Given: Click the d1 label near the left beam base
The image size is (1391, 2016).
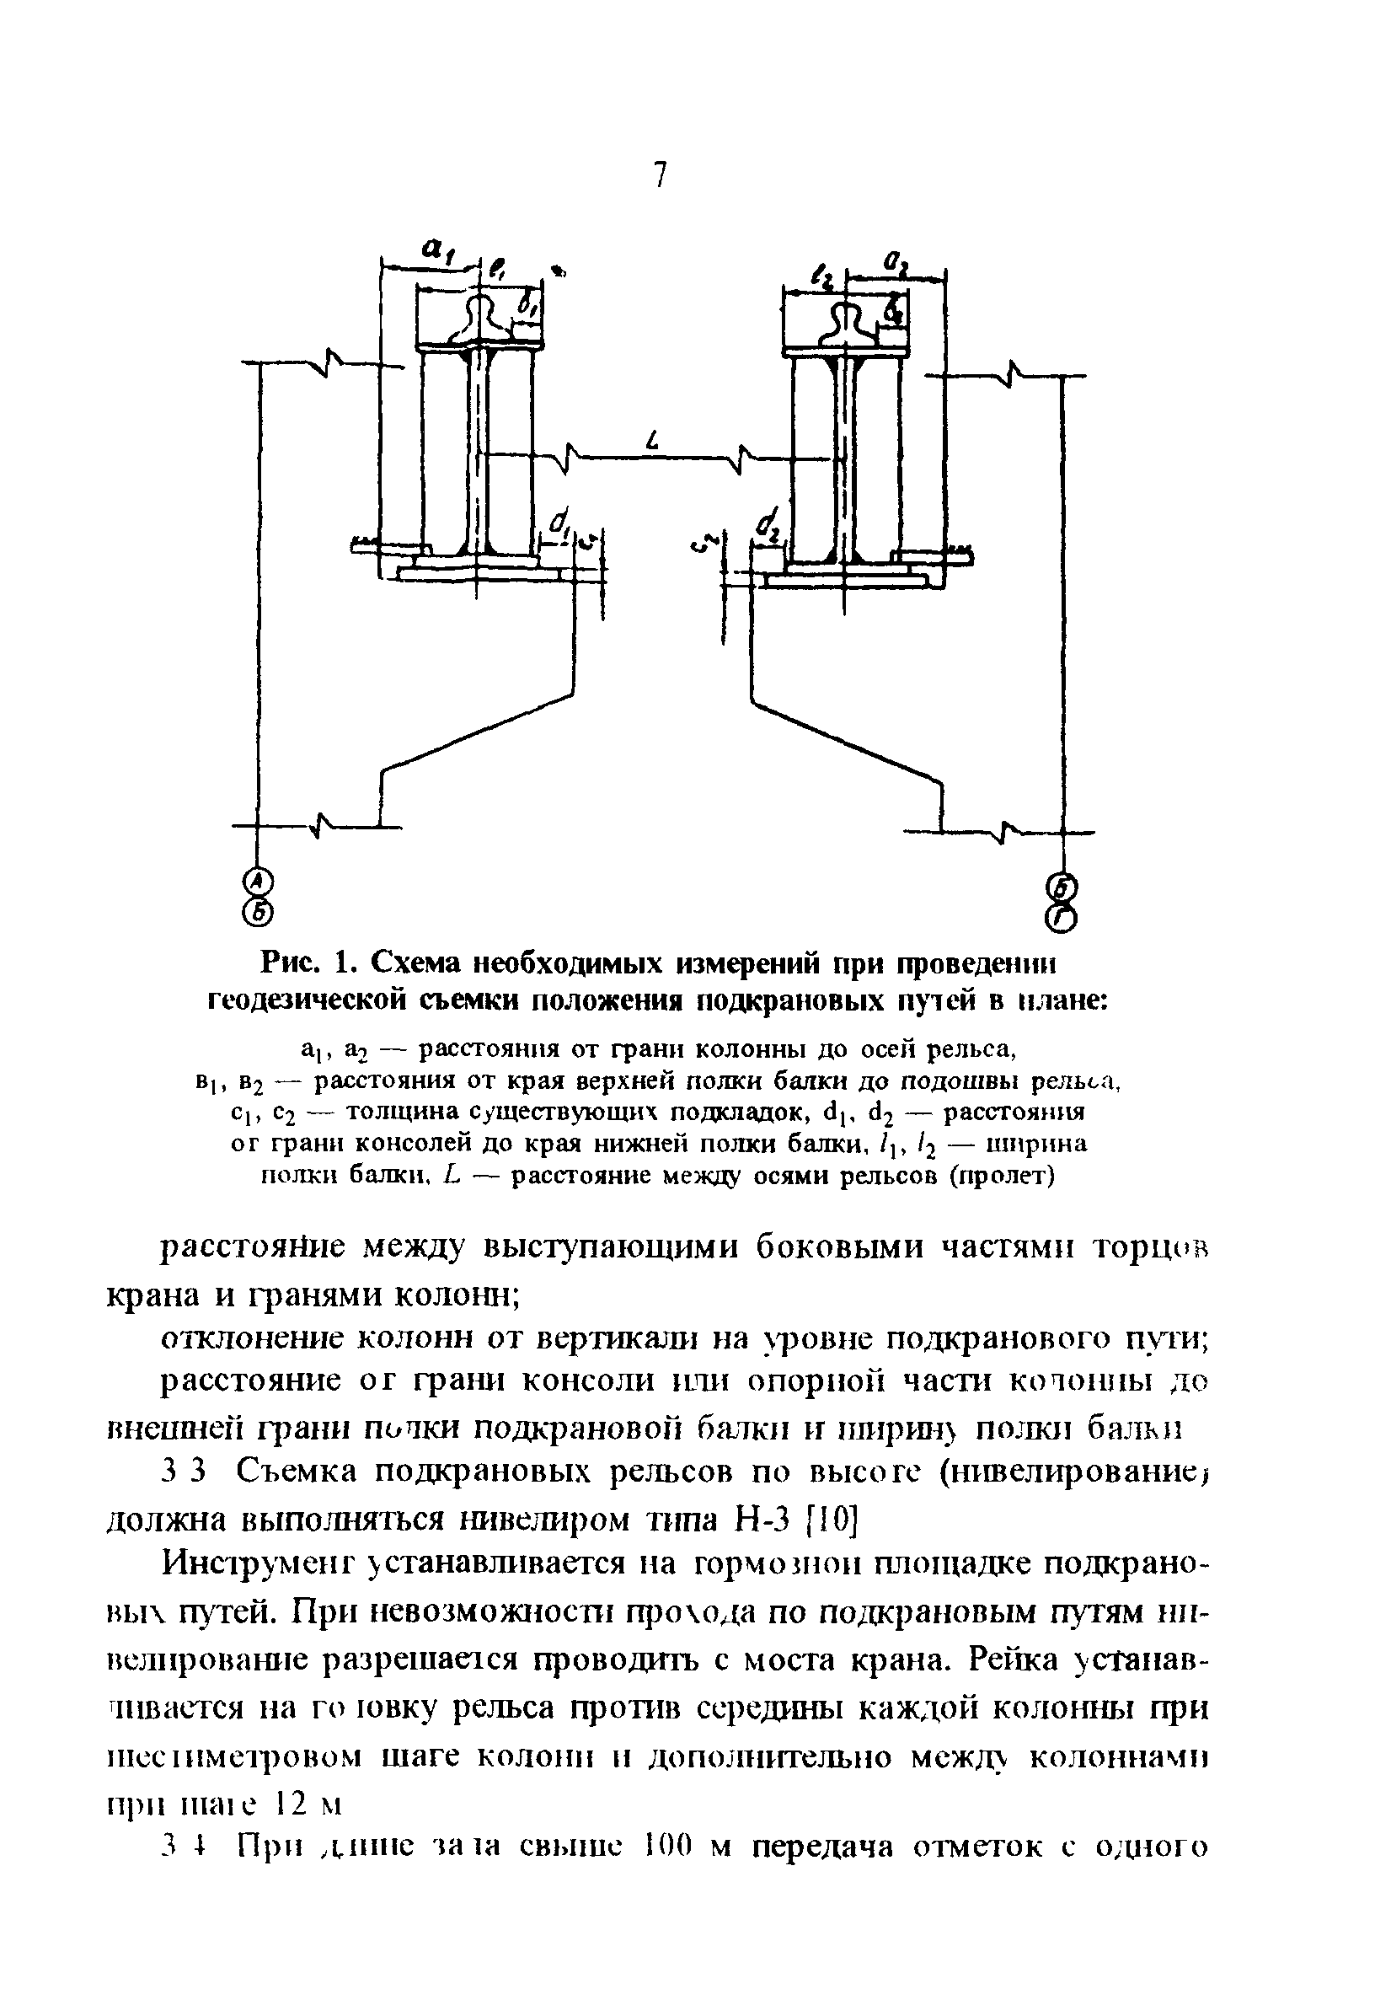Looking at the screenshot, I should click(x=559, y=524).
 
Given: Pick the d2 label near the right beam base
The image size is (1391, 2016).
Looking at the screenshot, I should click(x=768, y=526).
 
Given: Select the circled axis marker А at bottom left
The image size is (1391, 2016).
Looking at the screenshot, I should click(x=255, y=882).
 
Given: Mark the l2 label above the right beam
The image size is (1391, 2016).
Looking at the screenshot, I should click(x=820, y=277).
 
